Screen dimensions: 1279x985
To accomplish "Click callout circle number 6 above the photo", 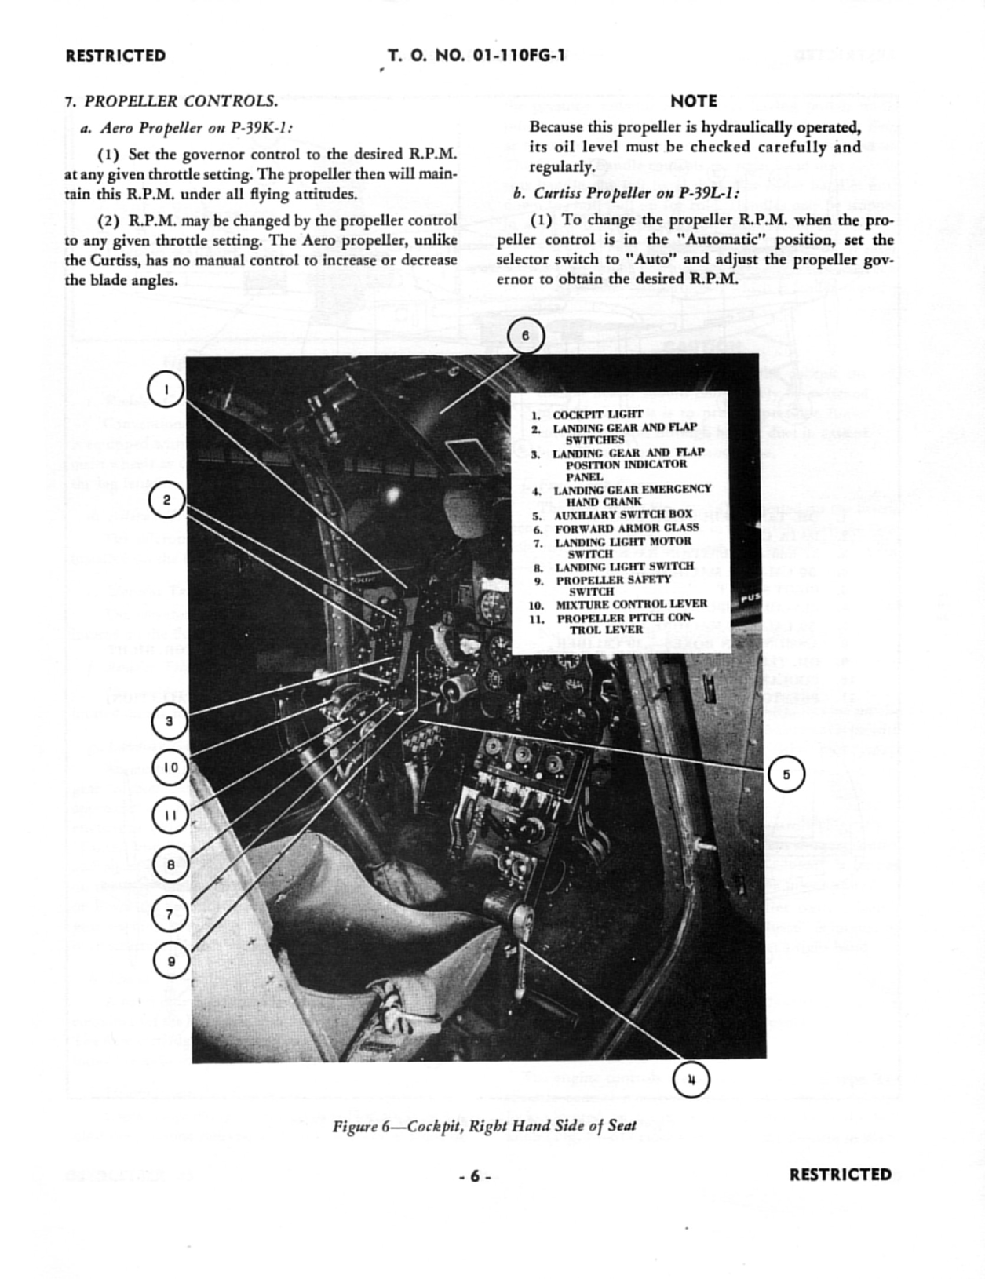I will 526,337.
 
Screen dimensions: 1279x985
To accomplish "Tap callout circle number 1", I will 166,389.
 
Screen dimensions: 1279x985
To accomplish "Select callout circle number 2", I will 166,500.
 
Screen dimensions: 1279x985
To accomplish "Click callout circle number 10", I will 170,768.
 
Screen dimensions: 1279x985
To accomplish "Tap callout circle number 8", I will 170,865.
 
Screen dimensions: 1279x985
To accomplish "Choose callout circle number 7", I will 170,913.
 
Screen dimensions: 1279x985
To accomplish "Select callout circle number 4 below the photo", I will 691,1080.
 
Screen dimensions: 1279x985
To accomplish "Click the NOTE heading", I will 694,101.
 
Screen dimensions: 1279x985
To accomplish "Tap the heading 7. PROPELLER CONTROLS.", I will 171,101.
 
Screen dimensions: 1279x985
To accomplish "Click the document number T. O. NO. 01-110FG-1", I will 476,56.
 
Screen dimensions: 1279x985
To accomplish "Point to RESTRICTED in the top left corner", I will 116,56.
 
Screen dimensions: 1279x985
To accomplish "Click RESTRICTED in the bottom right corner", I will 840,1175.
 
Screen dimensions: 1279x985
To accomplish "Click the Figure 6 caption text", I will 484,1126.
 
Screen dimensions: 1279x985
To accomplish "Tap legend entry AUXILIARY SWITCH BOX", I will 623,515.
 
